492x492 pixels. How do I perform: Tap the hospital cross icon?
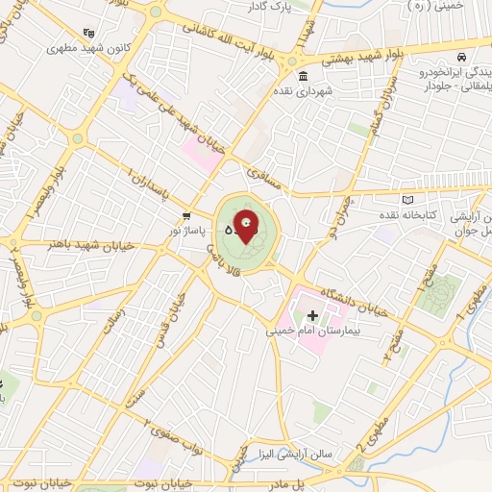point(311,315)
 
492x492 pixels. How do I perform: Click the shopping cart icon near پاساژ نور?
point(186,216)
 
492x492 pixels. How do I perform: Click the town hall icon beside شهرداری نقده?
point(304,77)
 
